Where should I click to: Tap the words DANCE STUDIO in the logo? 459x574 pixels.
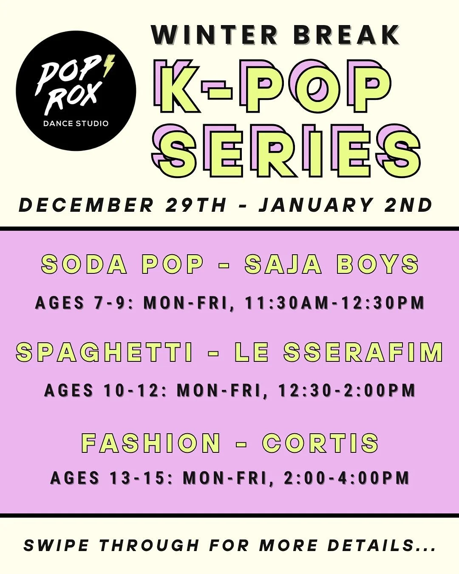coord(76,124)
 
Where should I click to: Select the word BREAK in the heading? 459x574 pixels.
coord(346,35)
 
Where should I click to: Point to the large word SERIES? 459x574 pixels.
coord(286,151)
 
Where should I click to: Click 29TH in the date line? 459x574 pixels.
coord(196,205)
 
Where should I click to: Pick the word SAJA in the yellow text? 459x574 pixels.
coord(283,264)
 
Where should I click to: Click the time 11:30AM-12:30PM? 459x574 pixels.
coord(335,303)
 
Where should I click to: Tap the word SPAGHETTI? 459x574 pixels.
coord(105,352)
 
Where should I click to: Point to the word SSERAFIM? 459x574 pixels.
coord(363,352)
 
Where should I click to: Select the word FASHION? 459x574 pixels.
coord(151,443)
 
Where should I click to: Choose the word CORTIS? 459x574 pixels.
coord(320,443)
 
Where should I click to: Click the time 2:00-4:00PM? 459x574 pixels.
coord(346,478)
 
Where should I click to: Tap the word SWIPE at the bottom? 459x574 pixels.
coord(56,546)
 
